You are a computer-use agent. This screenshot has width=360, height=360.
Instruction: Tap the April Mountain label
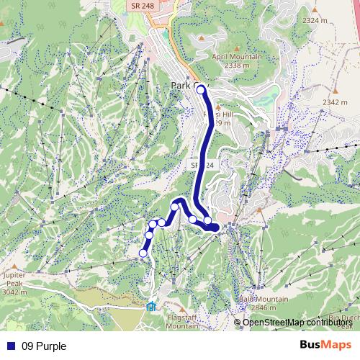point(236,56)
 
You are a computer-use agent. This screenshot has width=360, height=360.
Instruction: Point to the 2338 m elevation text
point(236,66)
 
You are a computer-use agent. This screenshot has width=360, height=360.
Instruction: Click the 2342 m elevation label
point(335,102)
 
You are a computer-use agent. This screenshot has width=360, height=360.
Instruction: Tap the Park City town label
point(189,85)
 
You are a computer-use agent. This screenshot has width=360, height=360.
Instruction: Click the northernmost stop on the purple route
point(201,91)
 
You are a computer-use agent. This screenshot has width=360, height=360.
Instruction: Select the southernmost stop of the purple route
point(143,253)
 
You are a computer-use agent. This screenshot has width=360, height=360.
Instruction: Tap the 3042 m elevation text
point(14,292)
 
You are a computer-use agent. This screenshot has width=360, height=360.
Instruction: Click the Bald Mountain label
point(263,299)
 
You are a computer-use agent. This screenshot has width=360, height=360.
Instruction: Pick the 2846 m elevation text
point(263,307)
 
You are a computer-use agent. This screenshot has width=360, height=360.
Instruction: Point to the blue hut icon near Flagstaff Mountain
point(150,306)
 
